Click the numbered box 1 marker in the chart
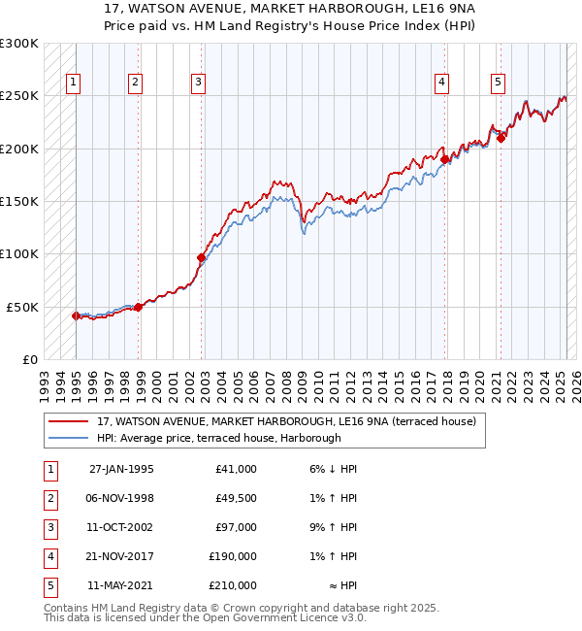tap(73, 83)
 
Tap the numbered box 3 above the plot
tap(197, 83)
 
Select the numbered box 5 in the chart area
tap(498, 83)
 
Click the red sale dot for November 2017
tap(444, 160)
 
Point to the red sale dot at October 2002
tap(202, 257)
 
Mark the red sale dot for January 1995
tap(76, 315)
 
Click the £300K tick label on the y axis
tap(19, 44)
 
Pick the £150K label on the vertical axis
tap(19, 202)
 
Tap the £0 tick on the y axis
tap(29, 359)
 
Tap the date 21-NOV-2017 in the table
tap(121, 556)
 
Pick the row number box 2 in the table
tap(48, 498)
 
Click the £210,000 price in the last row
tap(233, 585)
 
